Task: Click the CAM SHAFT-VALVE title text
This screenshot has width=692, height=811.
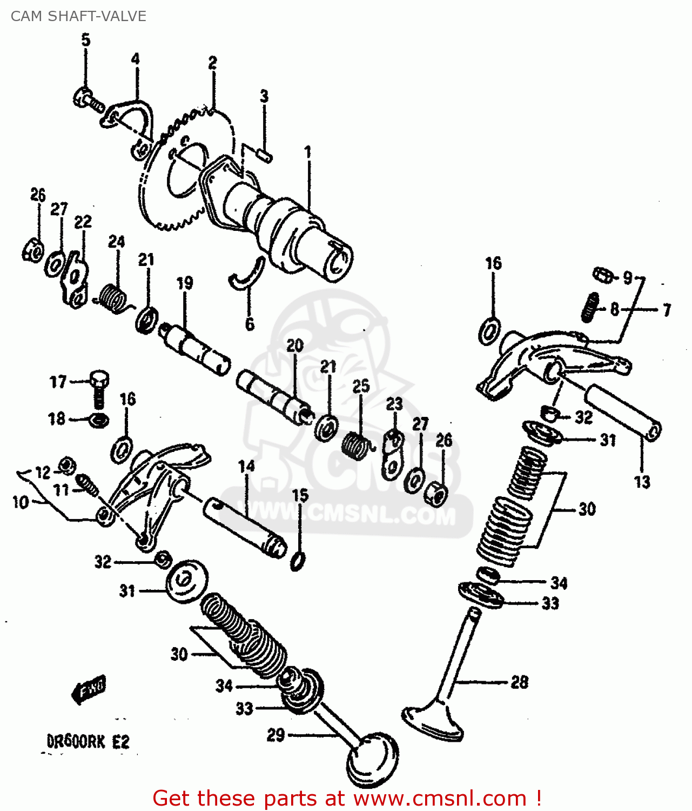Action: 78,16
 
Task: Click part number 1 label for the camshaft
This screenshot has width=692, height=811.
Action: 308,152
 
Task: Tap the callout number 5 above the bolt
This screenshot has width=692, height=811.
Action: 86,40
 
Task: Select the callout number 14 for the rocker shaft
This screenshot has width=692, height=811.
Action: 246,466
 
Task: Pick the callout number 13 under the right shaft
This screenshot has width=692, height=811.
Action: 642,482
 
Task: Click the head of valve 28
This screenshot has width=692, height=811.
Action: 432,722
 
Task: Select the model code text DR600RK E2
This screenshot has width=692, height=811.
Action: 89,741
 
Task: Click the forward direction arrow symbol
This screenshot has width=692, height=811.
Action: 90,689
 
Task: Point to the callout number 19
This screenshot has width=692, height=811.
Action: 185,283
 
